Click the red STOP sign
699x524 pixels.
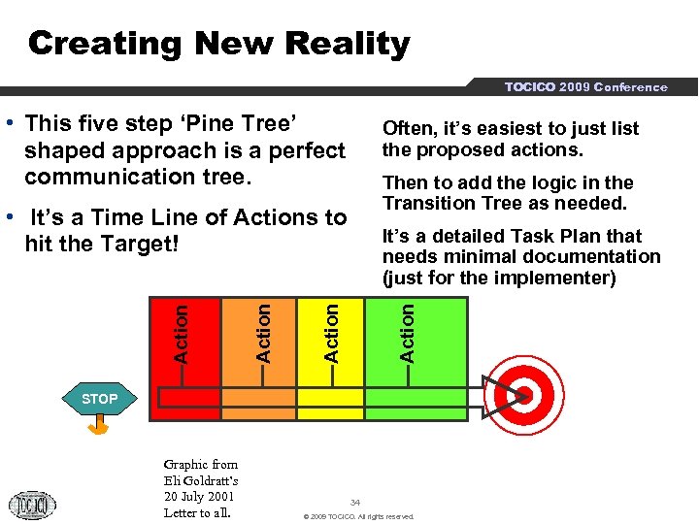[x=99, y=398]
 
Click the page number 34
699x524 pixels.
[x=355, y=502]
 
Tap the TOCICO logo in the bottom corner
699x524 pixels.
[x=32, y=505]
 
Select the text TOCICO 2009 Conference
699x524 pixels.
[x=585, y=87]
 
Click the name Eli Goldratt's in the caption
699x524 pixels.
[x=201, y=480]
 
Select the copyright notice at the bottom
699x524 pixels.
[x=358, y=516]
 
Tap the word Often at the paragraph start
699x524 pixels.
[x=407, y=128]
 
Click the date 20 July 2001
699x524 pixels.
[x=200, y=497]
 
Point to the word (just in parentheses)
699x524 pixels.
[x=407, y=278]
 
